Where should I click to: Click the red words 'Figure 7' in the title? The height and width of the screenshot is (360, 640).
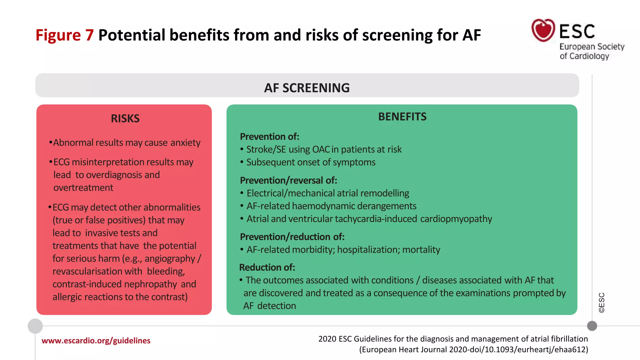[x=64, y=35]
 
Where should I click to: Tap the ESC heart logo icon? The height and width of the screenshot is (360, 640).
[x=543, y=30]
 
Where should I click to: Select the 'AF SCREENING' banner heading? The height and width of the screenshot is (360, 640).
[x=307, y=88]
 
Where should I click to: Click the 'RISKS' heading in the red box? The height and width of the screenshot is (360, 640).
[x=125, y=118]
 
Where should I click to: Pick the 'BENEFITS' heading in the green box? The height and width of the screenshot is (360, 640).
[x=402, y=117]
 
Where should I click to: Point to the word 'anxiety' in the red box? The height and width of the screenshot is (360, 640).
[x=185, y=142]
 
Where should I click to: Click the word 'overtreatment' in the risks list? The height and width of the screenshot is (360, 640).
[x=83, y=187]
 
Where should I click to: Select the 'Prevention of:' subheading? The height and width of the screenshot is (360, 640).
[x=269, y=137]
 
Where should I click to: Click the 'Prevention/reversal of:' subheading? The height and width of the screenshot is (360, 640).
[x=288, y=180]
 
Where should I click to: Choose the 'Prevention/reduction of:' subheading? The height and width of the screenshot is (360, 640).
[x=292, y=237]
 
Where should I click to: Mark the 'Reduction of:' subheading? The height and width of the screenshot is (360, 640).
[x=267, y=267]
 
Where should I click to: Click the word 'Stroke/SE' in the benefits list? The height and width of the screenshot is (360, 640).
[x=266, y=149]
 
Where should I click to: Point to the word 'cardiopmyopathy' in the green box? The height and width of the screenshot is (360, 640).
[x=456, y=219]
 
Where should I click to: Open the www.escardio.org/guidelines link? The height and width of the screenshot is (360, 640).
[x=96, y=341]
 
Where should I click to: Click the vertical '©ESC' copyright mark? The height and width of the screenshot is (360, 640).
[x=602, y=302]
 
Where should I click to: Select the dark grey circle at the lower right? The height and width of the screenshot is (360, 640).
[x=592, y=326]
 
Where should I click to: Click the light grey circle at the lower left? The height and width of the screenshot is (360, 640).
[x=35, y=326]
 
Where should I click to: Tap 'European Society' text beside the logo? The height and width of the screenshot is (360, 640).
[x=592, y=47]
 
